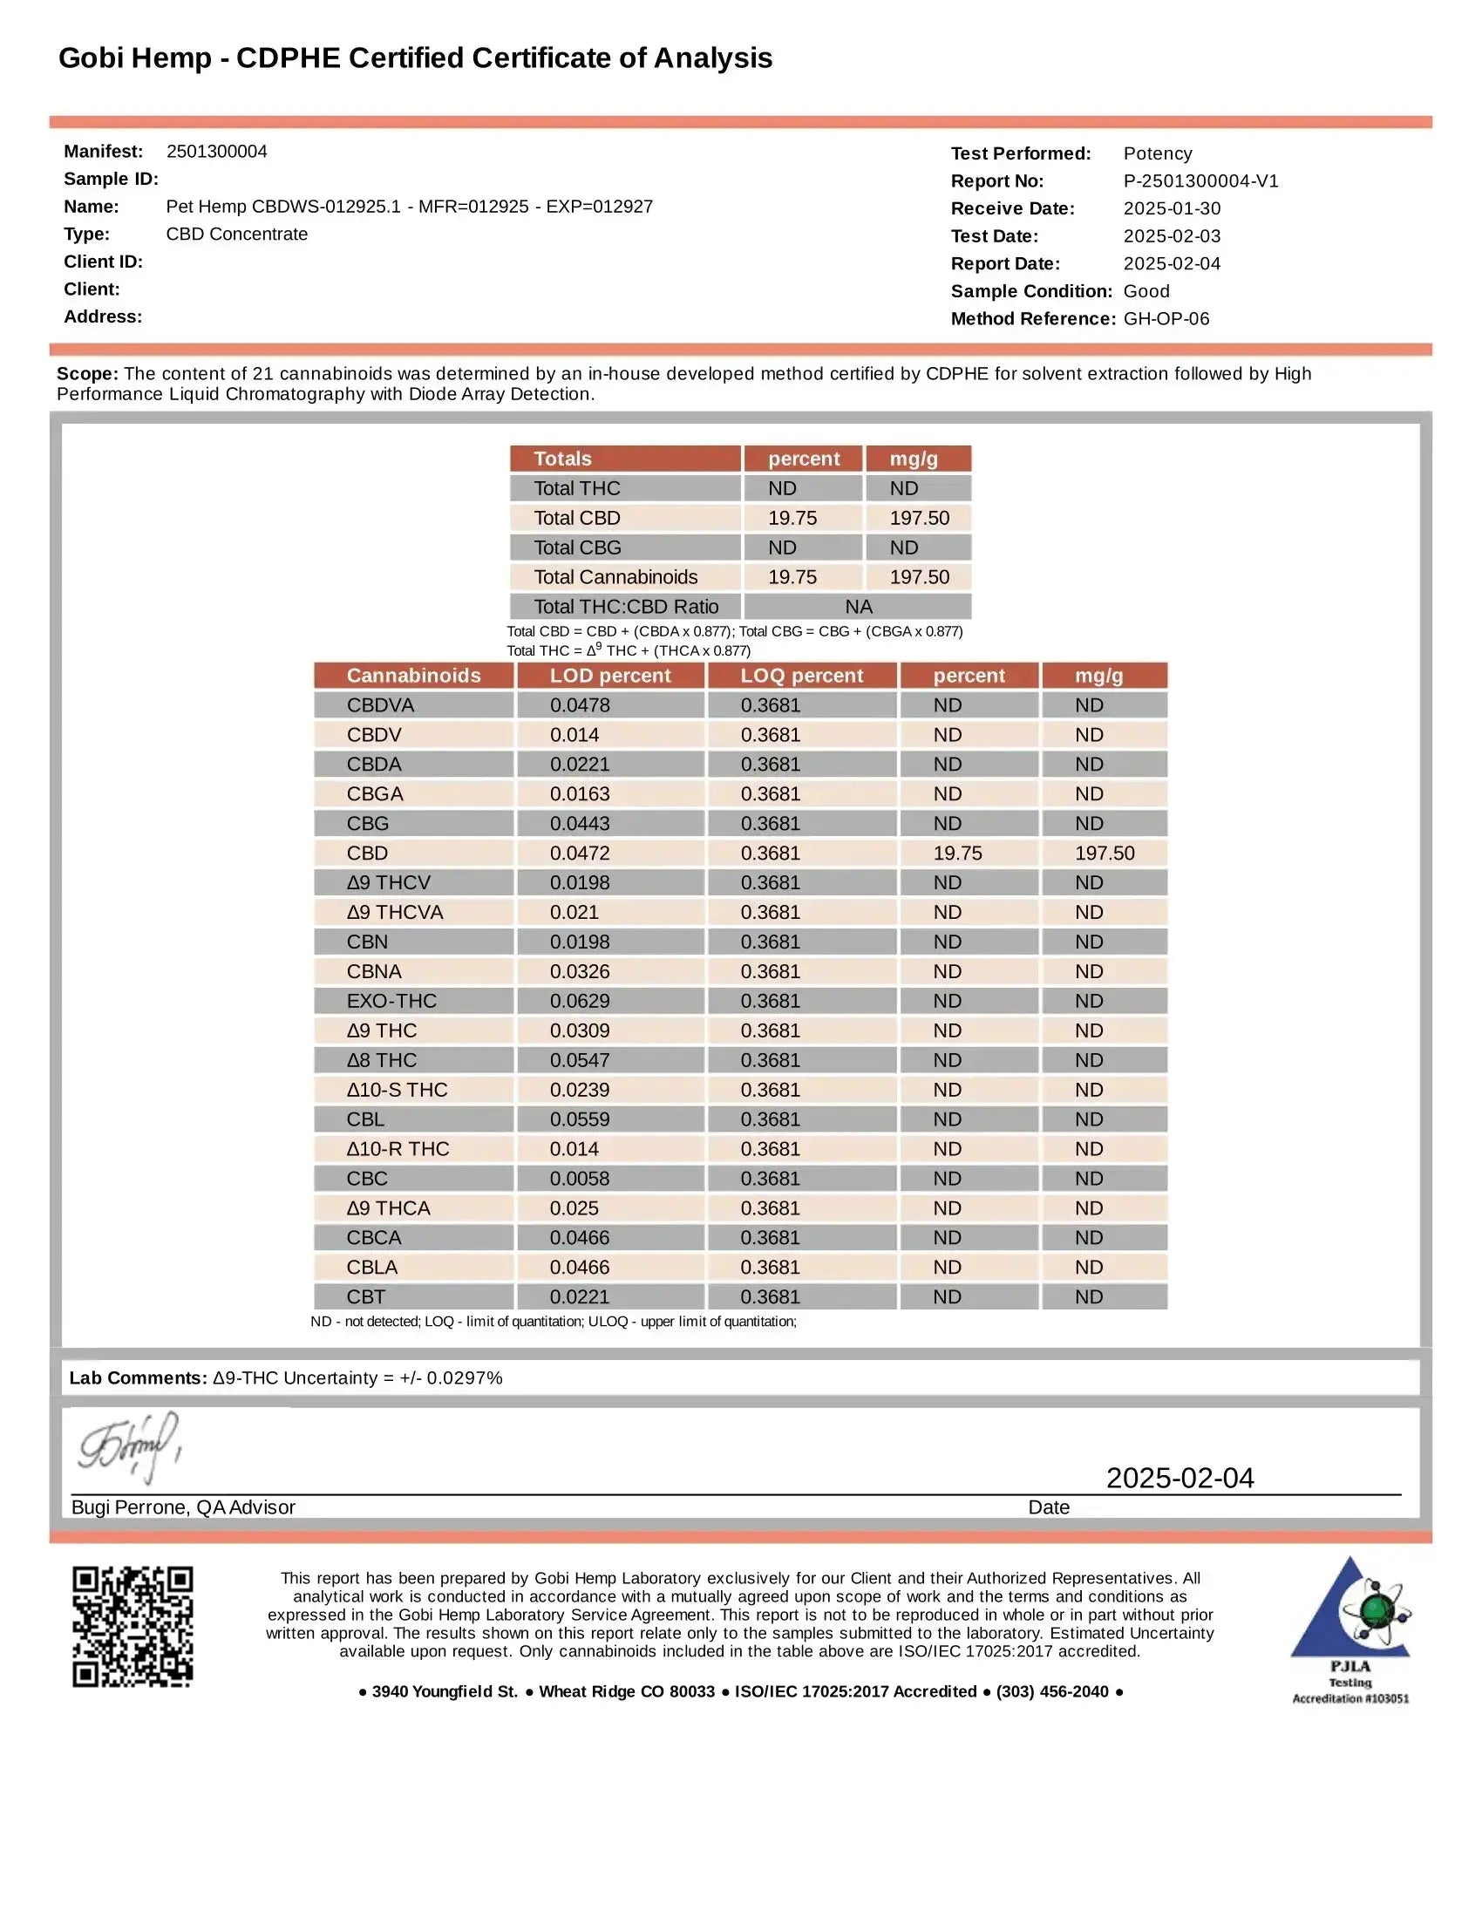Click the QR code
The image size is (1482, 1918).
click(x=133, y=1626)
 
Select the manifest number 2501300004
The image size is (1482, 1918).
click(x=217, y=151)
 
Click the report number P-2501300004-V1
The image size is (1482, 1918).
click(x=1200, y=181)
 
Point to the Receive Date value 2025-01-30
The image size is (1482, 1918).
click(x=1171, y=208)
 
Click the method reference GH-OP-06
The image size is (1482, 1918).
click(x=1166, y=319)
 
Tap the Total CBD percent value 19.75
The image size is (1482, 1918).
click(x=792, y=518)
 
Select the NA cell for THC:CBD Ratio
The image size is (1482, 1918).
click(x=858, y=607)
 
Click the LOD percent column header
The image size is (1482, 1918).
click(x=610, y=676)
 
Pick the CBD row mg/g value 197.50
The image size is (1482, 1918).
click(x=1105, y=853)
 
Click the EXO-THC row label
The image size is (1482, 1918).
click(x=391, y=1001)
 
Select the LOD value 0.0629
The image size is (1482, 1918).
click(x=580, y=1001)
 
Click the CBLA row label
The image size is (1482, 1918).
click(x=372, y=1268)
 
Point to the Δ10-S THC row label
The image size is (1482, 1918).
click(x=397, y=1090)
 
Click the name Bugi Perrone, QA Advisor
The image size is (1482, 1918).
click(x=182, y=1507)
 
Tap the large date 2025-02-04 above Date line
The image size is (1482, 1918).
click(x=1179, y=1478)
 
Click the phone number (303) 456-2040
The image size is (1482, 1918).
click(x=1052, y=1691)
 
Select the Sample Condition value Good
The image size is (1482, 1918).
click(x=1145, y=290)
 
